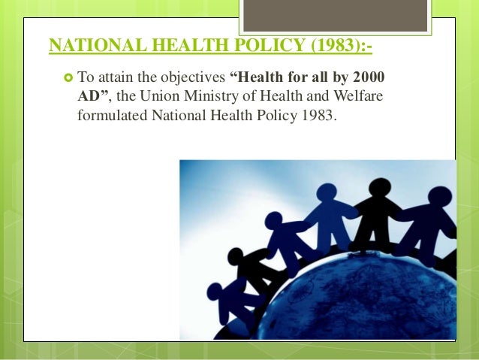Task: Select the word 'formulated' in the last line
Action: (x=112, y=117)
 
